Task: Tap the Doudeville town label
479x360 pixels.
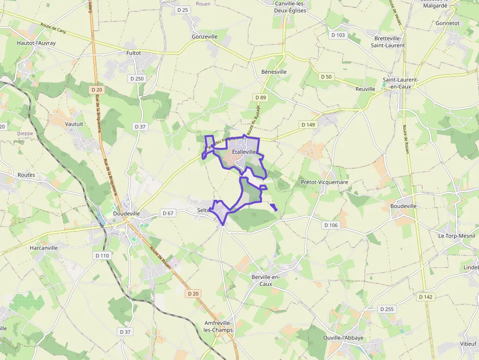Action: point(126,213)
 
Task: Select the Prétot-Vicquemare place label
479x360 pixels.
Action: point(325,182)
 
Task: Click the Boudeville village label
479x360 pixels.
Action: point(403,206)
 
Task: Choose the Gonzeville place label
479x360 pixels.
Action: point(205,37)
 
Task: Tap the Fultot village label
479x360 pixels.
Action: point(133,53)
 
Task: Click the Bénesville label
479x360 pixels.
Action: point(274,72)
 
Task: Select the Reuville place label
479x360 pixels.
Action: point(365,89)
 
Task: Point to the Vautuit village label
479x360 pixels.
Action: point(74,124)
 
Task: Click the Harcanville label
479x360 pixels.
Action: point(44,248)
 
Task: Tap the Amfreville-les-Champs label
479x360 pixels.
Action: point(218,327)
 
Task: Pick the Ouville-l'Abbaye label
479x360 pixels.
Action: point(344,338)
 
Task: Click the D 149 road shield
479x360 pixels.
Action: point(308,125)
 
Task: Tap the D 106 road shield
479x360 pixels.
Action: point(331,225)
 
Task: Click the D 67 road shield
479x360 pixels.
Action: point(168,213)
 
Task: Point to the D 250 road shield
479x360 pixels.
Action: point(137,78)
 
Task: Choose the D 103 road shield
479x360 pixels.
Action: point(338,35)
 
